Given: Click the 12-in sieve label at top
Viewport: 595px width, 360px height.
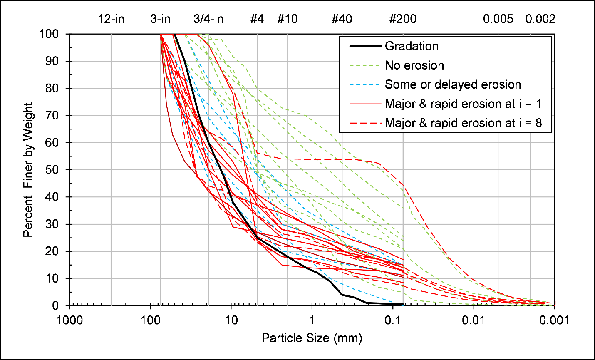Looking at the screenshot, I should point(111,19).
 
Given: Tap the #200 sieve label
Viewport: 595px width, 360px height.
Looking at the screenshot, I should point(402,19).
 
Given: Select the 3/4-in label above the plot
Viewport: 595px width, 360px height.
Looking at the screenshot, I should point(208,19).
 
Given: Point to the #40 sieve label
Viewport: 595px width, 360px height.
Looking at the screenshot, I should point(342,19).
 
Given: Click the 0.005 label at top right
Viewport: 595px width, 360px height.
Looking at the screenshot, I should point(498,19).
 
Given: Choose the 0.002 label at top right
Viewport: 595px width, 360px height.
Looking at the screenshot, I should point(540,19).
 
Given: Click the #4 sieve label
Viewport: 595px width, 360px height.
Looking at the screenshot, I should point(257,19).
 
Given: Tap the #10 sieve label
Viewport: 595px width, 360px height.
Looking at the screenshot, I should point(288,19).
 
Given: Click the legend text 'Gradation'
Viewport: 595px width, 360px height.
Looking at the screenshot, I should point(412,46).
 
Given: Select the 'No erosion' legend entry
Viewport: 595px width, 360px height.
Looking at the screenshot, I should point(414,65).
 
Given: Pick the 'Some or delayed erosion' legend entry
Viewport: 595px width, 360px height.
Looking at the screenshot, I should point(453,84).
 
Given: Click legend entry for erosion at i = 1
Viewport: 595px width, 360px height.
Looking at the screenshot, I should point(463,104).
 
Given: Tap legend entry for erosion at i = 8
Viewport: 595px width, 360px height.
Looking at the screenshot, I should point(463,123).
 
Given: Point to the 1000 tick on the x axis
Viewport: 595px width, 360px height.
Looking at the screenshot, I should point(69,320).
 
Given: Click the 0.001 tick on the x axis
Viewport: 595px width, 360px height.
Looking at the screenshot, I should point(555,320).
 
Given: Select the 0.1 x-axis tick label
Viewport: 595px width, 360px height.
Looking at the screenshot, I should point(393,320).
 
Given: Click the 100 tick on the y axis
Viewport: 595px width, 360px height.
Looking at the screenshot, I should point(50,34).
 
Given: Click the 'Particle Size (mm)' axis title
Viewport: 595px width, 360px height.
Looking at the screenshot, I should point(312,338).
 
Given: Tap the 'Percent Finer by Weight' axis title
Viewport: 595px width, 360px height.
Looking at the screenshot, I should point(28,170).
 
